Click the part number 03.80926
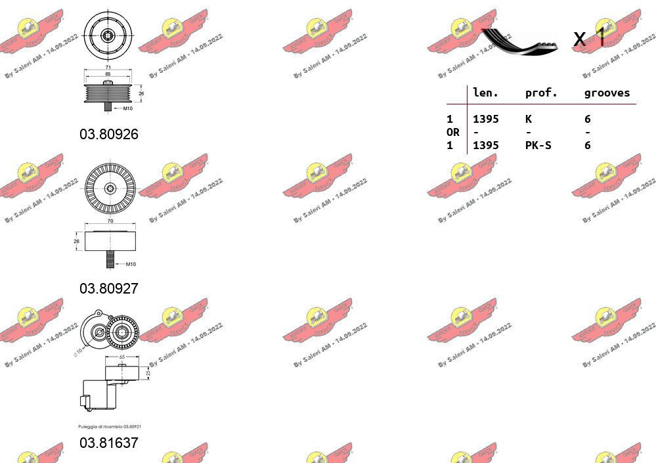pyautogui.click(x=109, y=135)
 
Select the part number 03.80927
pyautogui.click(x=109, y=288)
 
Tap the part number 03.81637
pyautogui.click(x=109, y=443)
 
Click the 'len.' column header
pyautogui.click(x=486, y=93)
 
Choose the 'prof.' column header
pyautogui.click(x=541, y=93)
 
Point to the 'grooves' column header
pyautogui.click(x=607, y=93)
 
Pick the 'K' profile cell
pyautogui.click(x=529, y=119)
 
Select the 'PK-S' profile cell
pyautogui.click(x=538, y=145)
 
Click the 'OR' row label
pyautogui.click(x=453, y=132)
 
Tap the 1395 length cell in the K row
pyautogui.click(x=486, y=119)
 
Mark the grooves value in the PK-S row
pyautogui.click(x=588, y=145)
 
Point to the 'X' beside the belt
pyautogui.click(x=579, y=39)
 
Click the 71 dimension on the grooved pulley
pyautogui.click(x=107, y=68)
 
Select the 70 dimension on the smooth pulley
pyautogui.click(x=110, y=221)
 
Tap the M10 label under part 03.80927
pyautogui.click(x=129, y=264)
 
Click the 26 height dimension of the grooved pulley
pyautogui.click(x=141, y=94)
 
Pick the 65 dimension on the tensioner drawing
pyautogui.click(x=122, y=357)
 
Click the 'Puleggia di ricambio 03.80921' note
pyautogui.click(x=110, y=427)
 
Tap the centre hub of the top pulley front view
pyautogui.click(x=109, y=37)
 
